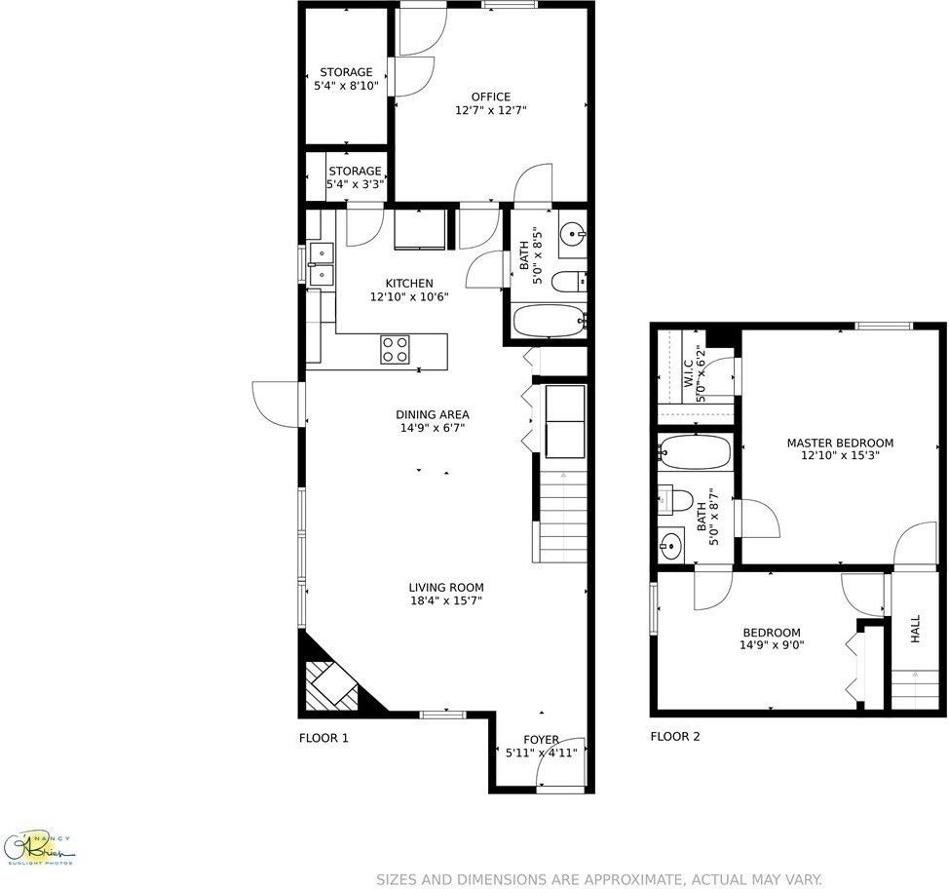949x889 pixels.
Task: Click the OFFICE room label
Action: click(x=490, y=97)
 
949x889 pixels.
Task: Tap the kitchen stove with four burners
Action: click(x=395, y=349)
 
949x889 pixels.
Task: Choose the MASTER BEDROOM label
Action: click(x=840, y=443)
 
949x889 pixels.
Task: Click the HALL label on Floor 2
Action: click(x=915, y=629)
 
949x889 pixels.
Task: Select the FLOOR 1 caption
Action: click(x=323, y=738)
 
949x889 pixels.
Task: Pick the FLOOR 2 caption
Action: click(x=675, y=737)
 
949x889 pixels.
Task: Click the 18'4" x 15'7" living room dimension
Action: click(x=446, y=600)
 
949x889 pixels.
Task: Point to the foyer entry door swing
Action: click(x=562, y=759)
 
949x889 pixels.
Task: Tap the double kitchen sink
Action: click(x=321, y=263)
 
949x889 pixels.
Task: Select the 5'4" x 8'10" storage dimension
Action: click(x=346, y=86)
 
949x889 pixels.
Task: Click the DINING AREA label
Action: click(x=433, y=414)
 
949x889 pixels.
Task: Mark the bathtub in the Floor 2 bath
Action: click(x=695, y=452)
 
